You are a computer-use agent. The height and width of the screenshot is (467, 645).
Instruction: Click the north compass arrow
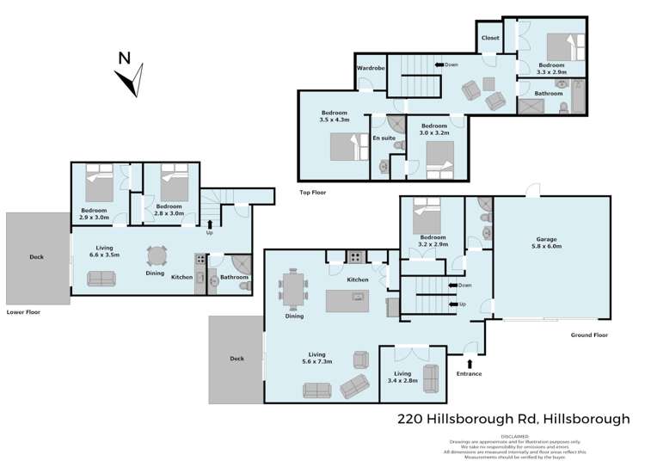(x=130, y=78)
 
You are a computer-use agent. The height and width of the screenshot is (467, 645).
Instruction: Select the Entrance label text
(x=470, y=373)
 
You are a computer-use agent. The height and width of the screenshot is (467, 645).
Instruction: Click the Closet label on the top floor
(x=490, y=38)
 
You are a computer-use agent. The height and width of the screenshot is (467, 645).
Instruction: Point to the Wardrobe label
(x=370, y=68)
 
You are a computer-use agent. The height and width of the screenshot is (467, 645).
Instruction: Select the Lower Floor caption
(x=23, y=312)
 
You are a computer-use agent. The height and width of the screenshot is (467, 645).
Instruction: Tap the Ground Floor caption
(x=589, y=336)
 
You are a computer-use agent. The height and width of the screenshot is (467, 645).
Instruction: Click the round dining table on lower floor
(x=157, y=256)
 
